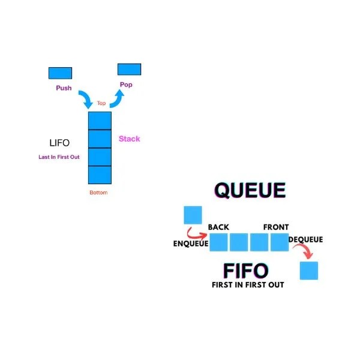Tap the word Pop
(x=126, y=85)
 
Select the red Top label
(x=101, y=103)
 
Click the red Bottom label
(x=99, y=193)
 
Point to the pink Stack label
(x=130, y=139)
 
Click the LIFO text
(x=59, y=143)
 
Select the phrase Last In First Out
(x=59, y=157)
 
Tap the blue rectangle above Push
(x=60, y=73)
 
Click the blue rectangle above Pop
(x=129, y=69)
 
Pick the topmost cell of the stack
(x=100, y=121)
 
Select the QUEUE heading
(x=250, y=191)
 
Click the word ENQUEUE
(x=190, y=244)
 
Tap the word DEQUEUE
(x=305, y=239)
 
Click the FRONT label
(x=275, y=227)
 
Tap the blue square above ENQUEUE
(x=193, y=215)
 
